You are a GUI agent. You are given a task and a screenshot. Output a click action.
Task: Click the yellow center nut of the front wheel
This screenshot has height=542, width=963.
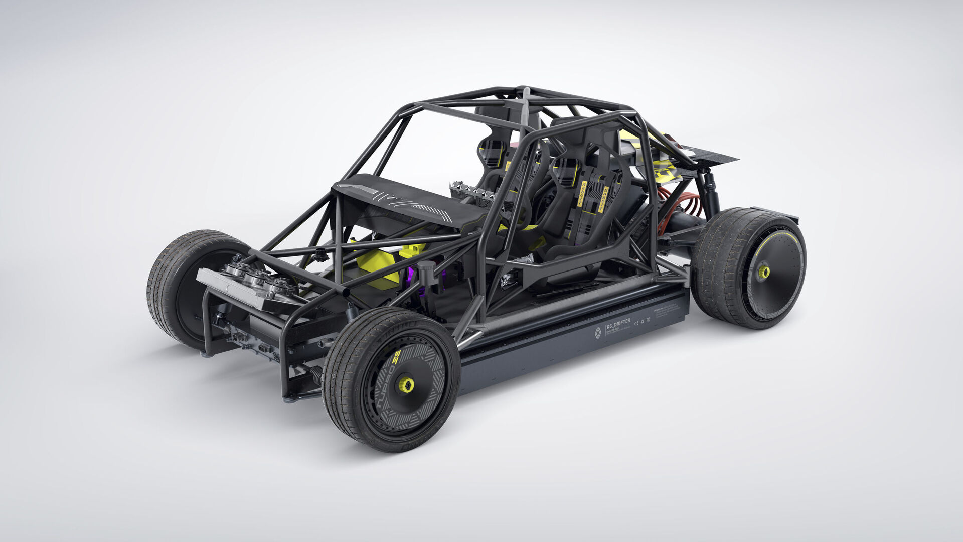tap(406, 385)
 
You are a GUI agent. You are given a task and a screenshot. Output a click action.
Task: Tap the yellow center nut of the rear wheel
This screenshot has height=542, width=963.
tap(763, 272)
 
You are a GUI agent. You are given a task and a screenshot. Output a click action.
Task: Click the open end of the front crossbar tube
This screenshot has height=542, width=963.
tap(346, 292)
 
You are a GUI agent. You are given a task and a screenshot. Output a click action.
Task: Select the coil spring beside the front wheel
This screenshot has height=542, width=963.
tap(316, 374)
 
